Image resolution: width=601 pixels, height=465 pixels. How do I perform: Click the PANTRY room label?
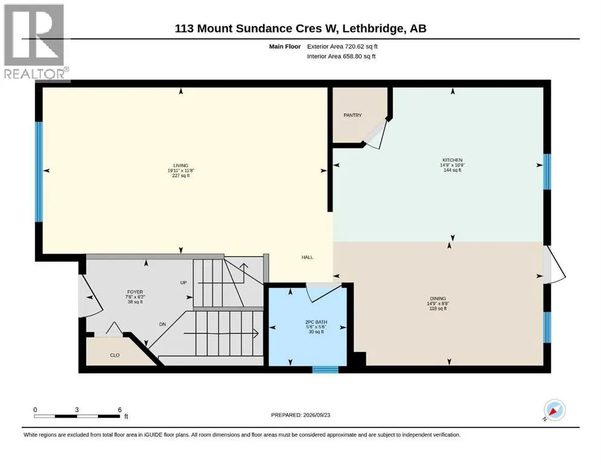352,115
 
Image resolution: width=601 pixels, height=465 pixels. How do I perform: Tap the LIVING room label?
180,166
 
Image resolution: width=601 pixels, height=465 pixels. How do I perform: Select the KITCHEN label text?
452,160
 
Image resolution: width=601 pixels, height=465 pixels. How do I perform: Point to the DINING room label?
438,298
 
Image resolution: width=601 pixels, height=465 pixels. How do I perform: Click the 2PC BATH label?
316,322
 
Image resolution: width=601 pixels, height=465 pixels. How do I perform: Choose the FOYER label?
135,292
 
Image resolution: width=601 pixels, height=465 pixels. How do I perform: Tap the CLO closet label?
114,355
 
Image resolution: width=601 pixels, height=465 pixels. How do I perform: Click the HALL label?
307,257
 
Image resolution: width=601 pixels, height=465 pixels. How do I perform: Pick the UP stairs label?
183,283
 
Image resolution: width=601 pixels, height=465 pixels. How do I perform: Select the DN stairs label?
163,324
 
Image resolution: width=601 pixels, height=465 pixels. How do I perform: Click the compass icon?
554,410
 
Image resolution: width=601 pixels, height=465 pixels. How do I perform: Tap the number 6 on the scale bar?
120,409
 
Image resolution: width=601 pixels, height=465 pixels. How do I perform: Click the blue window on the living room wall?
39,172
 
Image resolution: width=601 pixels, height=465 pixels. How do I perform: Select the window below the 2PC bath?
325,369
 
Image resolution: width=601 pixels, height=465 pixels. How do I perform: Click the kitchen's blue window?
547,171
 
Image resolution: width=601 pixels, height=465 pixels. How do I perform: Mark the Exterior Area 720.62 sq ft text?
343,47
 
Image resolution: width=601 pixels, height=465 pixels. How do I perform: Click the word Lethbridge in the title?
372,28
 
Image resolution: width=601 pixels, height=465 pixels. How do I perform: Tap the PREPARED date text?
300,415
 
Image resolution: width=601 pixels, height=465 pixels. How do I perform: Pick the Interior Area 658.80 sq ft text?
341,56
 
